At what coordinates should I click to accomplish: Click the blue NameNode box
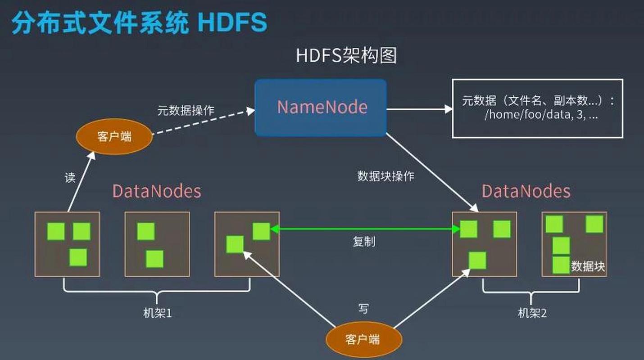[x=321, y=108]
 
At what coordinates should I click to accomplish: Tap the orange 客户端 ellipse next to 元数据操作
[x=114, y=136]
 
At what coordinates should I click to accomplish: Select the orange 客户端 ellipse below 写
[x=364, y=340]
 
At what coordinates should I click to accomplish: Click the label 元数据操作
[x=186, y=111]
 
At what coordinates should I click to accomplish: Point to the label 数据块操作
[x=385, y=176]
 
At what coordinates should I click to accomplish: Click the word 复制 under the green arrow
[x=364, y=242]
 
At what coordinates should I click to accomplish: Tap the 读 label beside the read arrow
[x=70, y=178]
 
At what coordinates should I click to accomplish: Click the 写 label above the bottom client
[x=363, y=309]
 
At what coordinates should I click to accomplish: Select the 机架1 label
[x=157, y=313]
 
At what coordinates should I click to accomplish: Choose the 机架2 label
[x=532, y=313]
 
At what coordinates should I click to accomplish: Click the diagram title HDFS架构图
[x=346, y=55]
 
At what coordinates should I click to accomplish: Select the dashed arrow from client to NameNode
[x=204, y=122]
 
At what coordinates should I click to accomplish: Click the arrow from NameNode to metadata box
[x=420, y=109]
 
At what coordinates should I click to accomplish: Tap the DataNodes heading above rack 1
[x=157, y=191]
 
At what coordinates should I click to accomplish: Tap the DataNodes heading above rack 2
[x=526, y=191]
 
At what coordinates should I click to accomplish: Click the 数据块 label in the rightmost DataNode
[x=588, y=266]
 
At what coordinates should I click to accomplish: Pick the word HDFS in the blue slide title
[x=232, y=22]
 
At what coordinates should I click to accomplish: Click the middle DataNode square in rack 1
[x=157, y=244]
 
